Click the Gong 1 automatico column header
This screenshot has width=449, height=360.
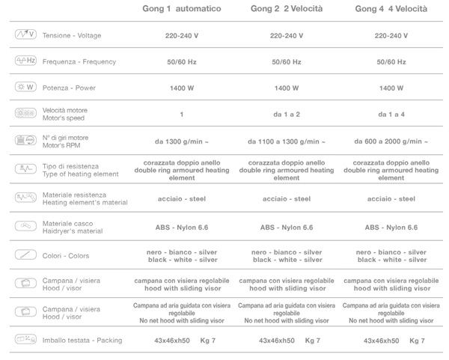point(181,10)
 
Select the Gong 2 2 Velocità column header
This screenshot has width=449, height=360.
point(287,10)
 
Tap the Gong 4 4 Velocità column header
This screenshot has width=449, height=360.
point(391,10)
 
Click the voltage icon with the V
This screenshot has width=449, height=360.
point(25,35)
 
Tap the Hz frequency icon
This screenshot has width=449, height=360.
point(25,61)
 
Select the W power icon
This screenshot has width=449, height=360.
point(25,88)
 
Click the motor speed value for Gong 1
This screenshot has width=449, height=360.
point(181,115)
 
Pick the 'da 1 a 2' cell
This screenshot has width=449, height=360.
point(287,115)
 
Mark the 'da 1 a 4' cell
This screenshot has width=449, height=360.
point(391,115)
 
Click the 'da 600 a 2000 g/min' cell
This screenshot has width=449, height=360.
point(391,141)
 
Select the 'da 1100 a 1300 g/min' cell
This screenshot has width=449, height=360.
point(287,141)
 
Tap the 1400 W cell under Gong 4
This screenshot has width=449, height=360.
point(391,88)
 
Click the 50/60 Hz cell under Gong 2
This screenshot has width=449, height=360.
point(287,62)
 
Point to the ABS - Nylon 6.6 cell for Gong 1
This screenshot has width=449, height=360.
point(181,226)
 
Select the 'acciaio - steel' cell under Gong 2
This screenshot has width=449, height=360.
point(287,199)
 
